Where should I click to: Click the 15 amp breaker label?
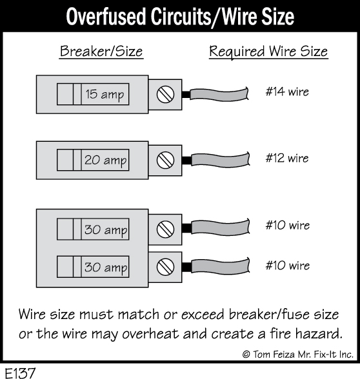coord(105,94)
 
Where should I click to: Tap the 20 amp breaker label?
coord(106,160)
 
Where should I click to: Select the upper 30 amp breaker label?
coord(106,229)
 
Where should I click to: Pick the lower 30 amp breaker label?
coord(106,267)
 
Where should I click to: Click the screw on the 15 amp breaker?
coord(165,94)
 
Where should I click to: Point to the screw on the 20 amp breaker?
coord(165,160)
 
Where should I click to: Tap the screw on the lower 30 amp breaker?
coord(165,267)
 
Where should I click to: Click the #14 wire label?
coord(287,92)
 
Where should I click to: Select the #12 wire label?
coord(287,158)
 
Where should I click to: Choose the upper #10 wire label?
coord(288,225)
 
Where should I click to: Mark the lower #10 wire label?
coord(288,266)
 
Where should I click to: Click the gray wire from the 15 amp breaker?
coord(219,94)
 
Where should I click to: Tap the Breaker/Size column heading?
coord(101,52)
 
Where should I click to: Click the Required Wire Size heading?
coord(268,52)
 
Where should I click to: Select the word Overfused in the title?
coord(106,17)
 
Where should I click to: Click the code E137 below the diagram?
coord(21,373)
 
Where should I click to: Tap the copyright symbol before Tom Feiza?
coord(246,355)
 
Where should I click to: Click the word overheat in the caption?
coord(151,334)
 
